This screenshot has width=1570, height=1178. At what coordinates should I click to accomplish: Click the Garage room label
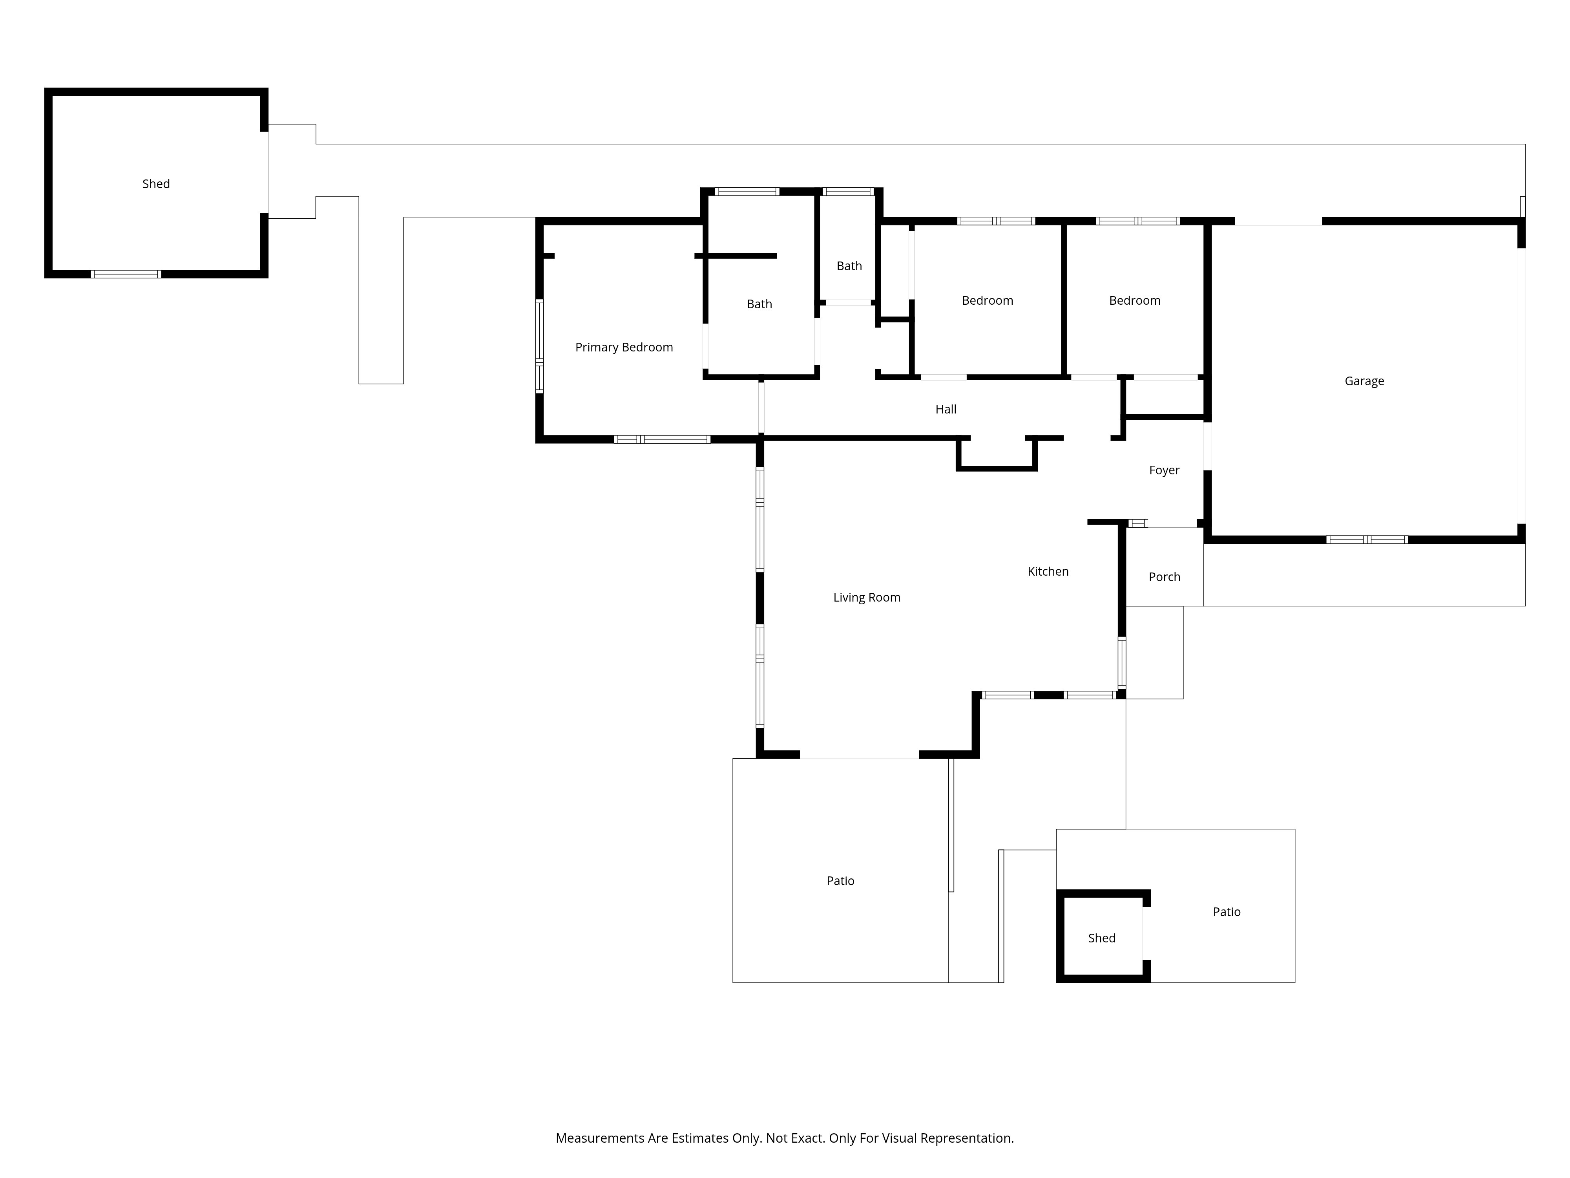(x=1364, y=381)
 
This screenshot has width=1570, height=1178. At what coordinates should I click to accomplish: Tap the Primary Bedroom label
(x=624, y=347)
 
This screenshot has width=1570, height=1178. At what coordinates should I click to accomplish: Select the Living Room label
(x=867, y=598)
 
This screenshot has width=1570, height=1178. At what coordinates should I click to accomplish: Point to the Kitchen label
(x=1048, y=572)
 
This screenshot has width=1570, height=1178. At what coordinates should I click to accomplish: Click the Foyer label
(x=1164, y=470)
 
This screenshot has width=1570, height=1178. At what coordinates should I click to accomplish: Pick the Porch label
(x=1164, y=577)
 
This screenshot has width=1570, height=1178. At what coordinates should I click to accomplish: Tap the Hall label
(x=946, y=409)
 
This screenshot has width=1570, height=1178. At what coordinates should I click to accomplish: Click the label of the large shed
(x=156, y=184)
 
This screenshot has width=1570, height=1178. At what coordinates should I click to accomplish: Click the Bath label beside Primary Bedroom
(x=759, y=304)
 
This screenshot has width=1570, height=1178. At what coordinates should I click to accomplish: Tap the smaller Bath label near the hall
(x=849, y=266)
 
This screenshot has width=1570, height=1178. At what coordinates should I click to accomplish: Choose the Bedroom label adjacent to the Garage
(x=1134, y=300)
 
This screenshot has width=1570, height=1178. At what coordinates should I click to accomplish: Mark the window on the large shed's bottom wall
(x=126, y=274)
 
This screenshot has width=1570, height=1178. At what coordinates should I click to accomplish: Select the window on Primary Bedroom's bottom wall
(x=662, y=439)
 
